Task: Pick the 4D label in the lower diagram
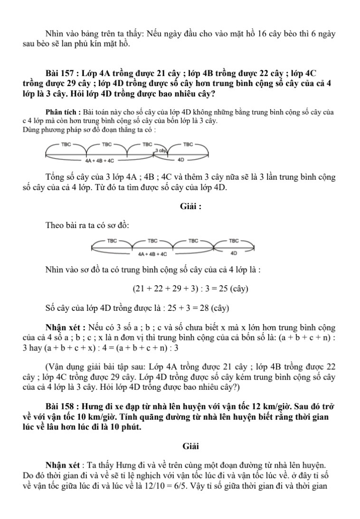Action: (233, 253)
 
